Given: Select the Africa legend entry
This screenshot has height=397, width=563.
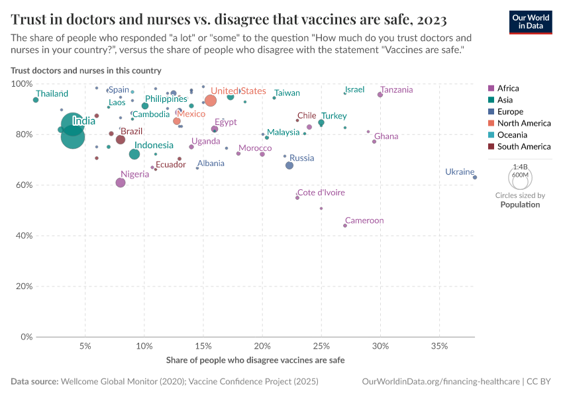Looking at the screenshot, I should click(x=507, y=88).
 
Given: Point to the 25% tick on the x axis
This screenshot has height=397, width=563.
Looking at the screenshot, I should click(x=321, y=346).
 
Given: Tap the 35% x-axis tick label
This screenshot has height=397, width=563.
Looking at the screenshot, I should click(x=439, y=346).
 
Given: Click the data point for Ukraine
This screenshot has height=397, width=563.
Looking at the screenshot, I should click(x=475, y=177).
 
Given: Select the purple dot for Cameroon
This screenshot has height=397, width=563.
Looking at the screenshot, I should click(x=345, y=226).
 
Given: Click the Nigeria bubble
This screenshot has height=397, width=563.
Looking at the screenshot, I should click(x=121, y=183).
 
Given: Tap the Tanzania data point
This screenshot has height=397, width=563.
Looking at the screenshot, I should click(x=380, y=95).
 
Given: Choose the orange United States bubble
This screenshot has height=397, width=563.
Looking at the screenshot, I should click(x=211, y=101).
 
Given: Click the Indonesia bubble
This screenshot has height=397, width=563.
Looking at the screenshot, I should click(x=134, y=154).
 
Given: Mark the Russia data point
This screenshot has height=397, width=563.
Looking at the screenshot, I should click(x=289, y=165).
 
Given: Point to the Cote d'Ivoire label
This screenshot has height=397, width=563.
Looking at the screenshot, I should click(x=321, y=193).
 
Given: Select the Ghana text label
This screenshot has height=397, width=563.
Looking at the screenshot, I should click(x=386, y=136).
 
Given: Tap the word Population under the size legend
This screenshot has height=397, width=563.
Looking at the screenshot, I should click(x=520, y=204).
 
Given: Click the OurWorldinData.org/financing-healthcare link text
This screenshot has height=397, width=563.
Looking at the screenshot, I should click(x=440, y=382).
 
